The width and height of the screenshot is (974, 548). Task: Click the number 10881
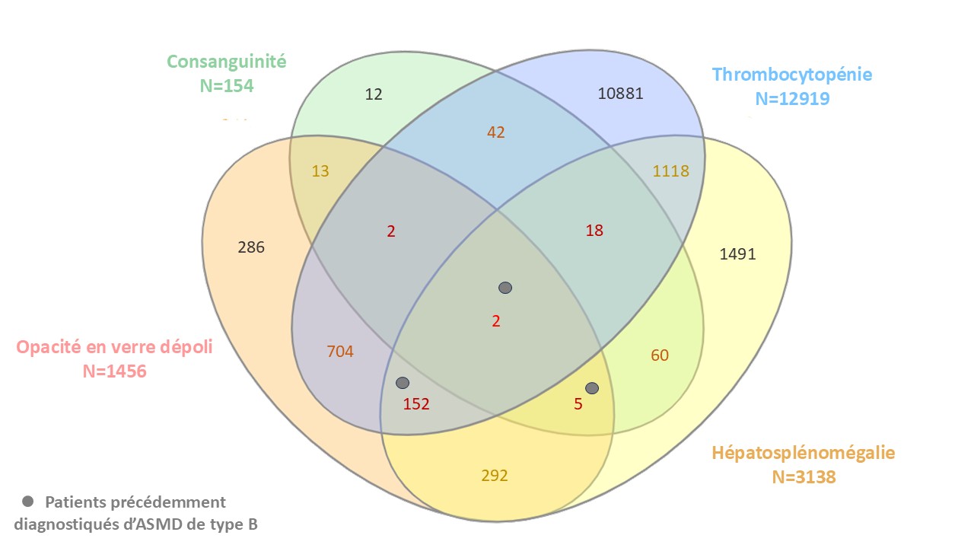[621, 94]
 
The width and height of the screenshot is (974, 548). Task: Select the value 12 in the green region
[374, 94]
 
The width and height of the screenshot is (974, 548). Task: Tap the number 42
[495, 132]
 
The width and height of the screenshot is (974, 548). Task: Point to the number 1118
[670, 171]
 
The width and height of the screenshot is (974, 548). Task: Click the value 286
[251, 247]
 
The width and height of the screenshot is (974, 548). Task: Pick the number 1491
[737, 254]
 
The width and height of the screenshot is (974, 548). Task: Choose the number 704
[340, 351]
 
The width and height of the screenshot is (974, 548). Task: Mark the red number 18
[594, 231]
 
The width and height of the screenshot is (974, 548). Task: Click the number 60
[660, 355]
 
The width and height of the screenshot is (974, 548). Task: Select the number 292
[495, 476]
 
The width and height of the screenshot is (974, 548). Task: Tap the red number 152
[416, 404]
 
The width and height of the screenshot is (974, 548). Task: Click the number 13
[320, 171]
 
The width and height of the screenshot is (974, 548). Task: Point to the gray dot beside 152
[403, 382]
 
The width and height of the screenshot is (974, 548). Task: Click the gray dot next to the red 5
[592, 388]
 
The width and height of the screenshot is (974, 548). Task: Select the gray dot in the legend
[28, 502]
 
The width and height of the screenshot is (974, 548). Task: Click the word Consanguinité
[227, 62]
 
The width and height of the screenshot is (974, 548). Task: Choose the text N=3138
[804, 477]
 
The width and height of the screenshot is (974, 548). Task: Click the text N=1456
[114, 371]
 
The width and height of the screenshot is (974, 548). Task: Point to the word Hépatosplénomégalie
[804, 453]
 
